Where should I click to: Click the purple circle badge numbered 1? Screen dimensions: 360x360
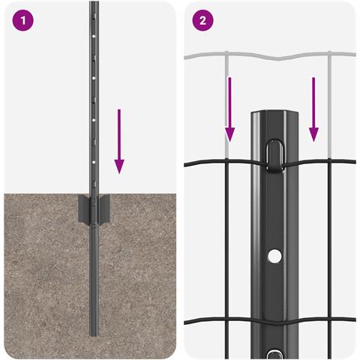(22, 20)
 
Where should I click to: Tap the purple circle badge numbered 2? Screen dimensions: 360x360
(202, 20)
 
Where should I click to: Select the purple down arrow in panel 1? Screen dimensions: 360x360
(119, 141)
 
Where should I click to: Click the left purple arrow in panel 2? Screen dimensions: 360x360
(229, 109)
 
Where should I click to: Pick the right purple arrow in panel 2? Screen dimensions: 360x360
(313, 109)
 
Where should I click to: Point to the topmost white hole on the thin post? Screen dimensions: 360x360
(94, 36)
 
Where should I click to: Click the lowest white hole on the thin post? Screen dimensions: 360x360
(94, 162)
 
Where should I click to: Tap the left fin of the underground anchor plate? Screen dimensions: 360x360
(84, 209)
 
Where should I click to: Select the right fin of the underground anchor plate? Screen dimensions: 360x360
(103, 209)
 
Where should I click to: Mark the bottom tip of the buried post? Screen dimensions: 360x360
(94, 335)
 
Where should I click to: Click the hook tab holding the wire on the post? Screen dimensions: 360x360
(274, 156)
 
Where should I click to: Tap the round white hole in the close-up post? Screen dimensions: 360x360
(274, 256)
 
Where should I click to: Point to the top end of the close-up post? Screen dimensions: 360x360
(275, 112)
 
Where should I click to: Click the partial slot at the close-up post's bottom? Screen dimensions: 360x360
(274, 355)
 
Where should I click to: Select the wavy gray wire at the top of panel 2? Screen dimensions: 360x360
(270, 56)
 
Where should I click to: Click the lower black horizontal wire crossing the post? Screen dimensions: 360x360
(270, 321)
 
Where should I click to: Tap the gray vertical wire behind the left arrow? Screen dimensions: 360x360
(226, 105)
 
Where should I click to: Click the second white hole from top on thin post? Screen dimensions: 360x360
(94, 78)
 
